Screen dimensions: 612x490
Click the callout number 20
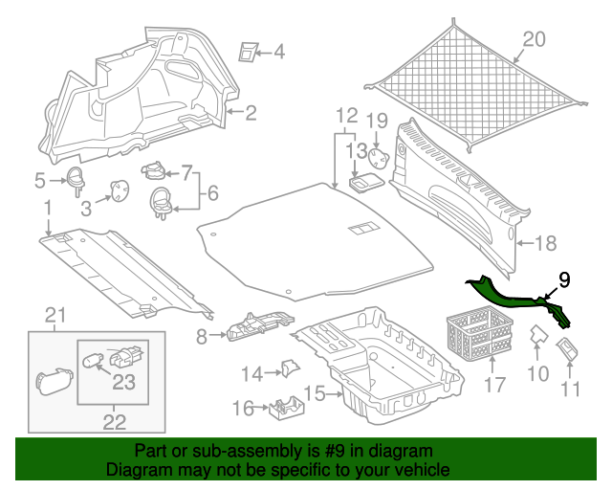click(534, 39)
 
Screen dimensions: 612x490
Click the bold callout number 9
click(564, 280)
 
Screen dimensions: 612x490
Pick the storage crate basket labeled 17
click(480, 331)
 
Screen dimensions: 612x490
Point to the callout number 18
click(546, 243)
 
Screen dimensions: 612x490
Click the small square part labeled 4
click(248, 51)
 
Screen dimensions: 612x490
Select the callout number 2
click(251, 113)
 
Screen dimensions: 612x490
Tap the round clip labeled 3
click(120, 190)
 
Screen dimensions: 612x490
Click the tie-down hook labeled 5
click(76, 180)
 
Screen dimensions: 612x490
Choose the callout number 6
click(212, 193)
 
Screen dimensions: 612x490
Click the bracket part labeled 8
click(259, 325)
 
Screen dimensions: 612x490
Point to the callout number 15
click(315, 393)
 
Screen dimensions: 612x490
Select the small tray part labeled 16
click(286, 409)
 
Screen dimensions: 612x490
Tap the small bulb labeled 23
click(93, 360)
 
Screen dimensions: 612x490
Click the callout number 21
click(55, 315)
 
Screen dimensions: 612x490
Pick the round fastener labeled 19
click(379, 158)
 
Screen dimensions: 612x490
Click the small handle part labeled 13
click(366, 183)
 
